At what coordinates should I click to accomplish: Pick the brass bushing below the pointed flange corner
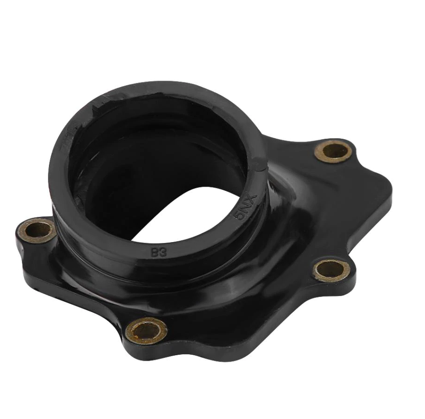pos(331,270)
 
